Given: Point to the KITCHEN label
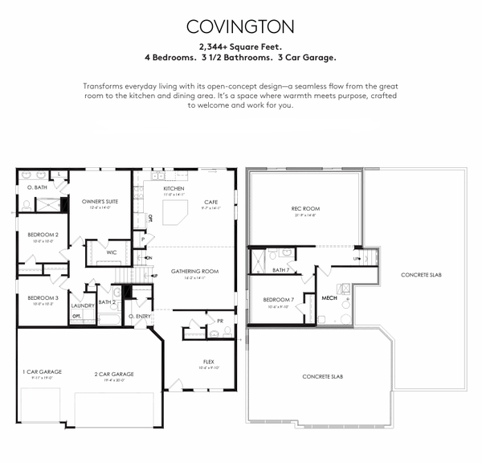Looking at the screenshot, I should coord(152,188).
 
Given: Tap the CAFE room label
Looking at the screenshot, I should coord(211,202).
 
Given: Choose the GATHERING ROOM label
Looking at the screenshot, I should coord(194,272).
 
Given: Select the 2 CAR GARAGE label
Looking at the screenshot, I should coord(114,374).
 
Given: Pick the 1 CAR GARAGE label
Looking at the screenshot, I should coord(42,371).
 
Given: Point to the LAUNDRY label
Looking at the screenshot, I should coord(83,305).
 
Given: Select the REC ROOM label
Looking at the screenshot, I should coord(305,210).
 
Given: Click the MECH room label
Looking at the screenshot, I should coord(329,298).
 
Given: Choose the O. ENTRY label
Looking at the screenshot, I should coord(140,316).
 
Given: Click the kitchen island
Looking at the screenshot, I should coord(174,214).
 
